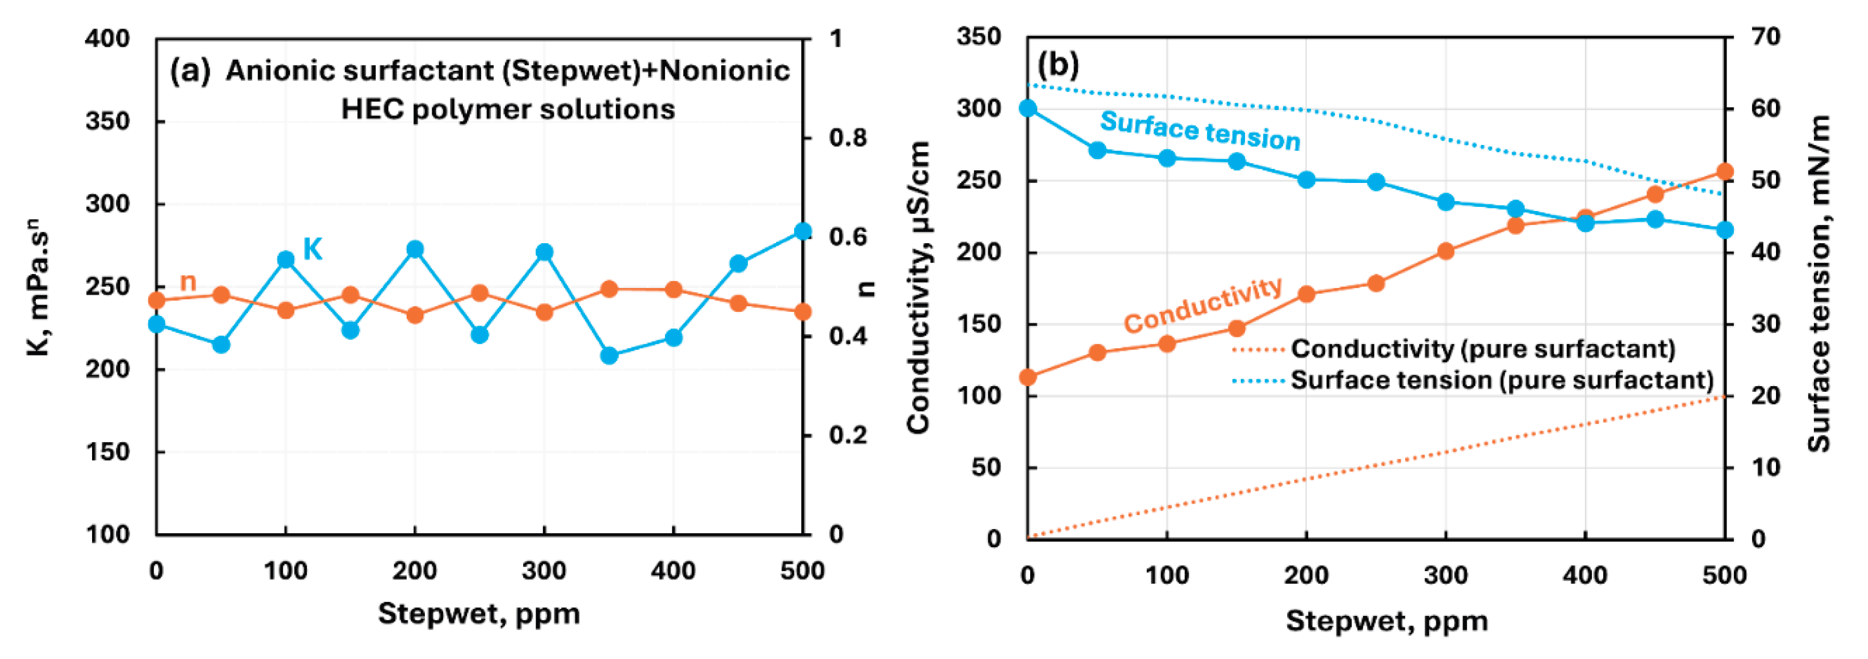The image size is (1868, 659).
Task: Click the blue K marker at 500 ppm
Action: point(803,231)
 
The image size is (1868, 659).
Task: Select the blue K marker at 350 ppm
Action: point(609,355)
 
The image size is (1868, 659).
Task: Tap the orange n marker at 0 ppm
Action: point(157,300)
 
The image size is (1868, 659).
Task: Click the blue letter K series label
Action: point(313,248)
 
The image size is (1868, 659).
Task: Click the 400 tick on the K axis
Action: point(107,38)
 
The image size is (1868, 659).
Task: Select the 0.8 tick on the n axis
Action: point(848,138)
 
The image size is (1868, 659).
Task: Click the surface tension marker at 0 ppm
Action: point(1028,108)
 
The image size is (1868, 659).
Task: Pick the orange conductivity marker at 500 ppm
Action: point(1724,172)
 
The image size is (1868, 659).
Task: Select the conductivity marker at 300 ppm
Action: point(1446,251)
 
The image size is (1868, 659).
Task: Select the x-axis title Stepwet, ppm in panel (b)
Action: point(1386,621)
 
